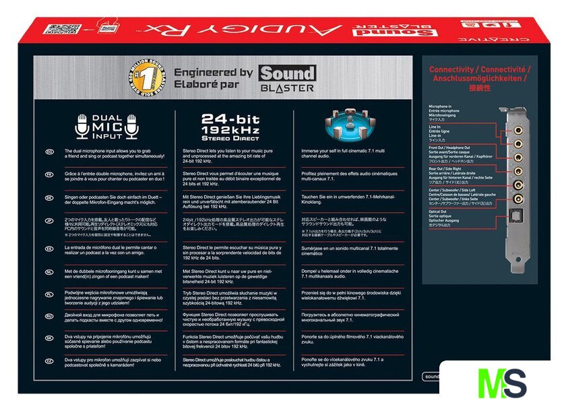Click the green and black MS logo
coord(502,383)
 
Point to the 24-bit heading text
coord(226,117)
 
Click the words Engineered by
coord(213,72)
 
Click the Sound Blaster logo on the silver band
coord(287,78)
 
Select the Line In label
coord(436,127)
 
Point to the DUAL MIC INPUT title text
coord(106,125)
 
